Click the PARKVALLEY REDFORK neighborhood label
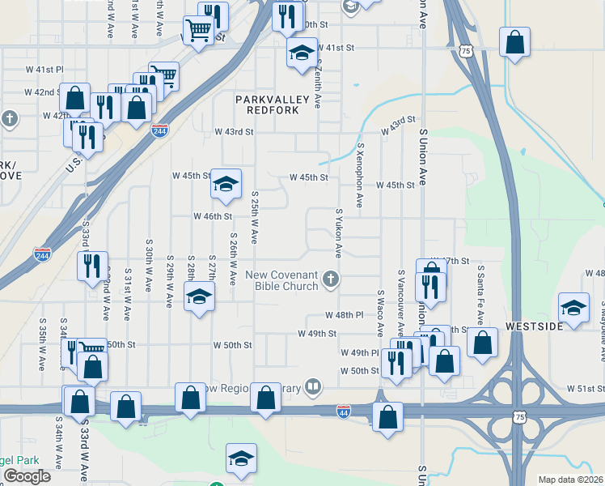pos(267,104)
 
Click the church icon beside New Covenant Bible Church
pos(329,279)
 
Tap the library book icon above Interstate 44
pos(313,386)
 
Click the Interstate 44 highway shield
pos(344,411)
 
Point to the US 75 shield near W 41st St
pos(465,51)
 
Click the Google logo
pos(27,476)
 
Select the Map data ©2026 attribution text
pos(570,480)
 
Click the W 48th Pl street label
pos(344,314)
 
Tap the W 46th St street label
pos(213,216)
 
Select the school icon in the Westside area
pos(574,308)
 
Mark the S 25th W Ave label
pos(254,217)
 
